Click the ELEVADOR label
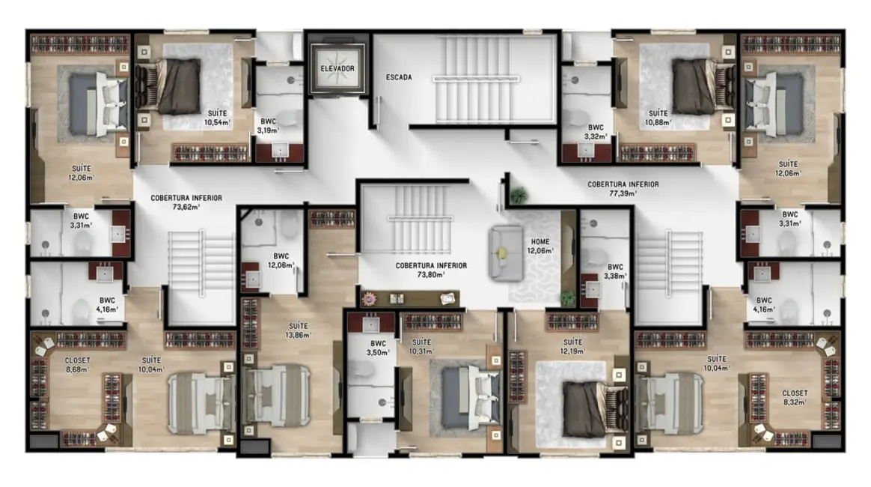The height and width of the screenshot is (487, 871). pyautogui.click(x=337, y=69)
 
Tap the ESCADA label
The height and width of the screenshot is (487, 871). pyautogui.click(x=399, y=77)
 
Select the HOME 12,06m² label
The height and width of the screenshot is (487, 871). pyautogui.click(x=542, y=246)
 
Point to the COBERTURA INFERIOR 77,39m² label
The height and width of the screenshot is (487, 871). pyautogui.click(x=623, y=188)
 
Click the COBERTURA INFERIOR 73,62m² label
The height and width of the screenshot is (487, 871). pyautogui.click(x=186, y=202)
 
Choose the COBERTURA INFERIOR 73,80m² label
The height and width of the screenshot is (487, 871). pyautogui.click(x=431, y=270)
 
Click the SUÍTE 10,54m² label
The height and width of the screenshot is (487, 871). pyautogui.click(x=219, y=117)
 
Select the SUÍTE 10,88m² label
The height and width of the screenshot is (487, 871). pyautogui.click(x=658, y=117)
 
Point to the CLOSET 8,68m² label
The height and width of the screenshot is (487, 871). pyautogui.click(x=77, y=364)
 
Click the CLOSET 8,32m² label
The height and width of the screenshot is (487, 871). pyautogui.click(x=794, y=397)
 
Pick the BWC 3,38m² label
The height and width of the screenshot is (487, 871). pyautogui.click(x=615, y=270)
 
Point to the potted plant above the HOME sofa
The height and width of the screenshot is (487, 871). pyautogui.click(x=517, y=196)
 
